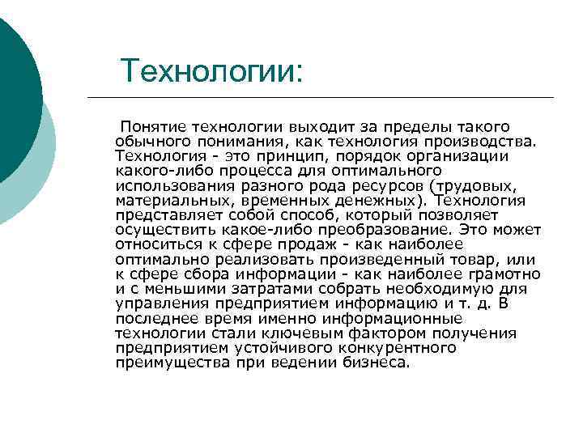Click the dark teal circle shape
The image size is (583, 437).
(x=16, y=89)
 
